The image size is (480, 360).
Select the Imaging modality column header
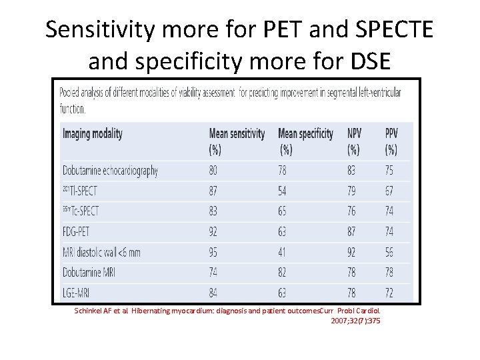(93, 134)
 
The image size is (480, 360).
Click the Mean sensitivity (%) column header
(237, 141)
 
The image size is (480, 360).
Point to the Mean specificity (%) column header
(305, 141)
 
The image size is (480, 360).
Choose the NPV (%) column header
(353, 141)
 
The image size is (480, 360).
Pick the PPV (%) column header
(391, 141)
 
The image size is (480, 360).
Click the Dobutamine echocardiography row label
(110, 171)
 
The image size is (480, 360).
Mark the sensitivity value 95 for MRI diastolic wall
(213, 252)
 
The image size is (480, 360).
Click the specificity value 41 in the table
(283, 252)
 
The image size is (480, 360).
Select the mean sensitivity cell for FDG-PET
(213, 231)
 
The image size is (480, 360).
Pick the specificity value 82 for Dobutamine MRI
(283, 272)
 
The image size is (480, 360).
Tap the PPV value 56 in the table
(389, 252)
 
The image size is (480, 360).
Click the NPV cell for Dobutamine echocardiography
(351, 171)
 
